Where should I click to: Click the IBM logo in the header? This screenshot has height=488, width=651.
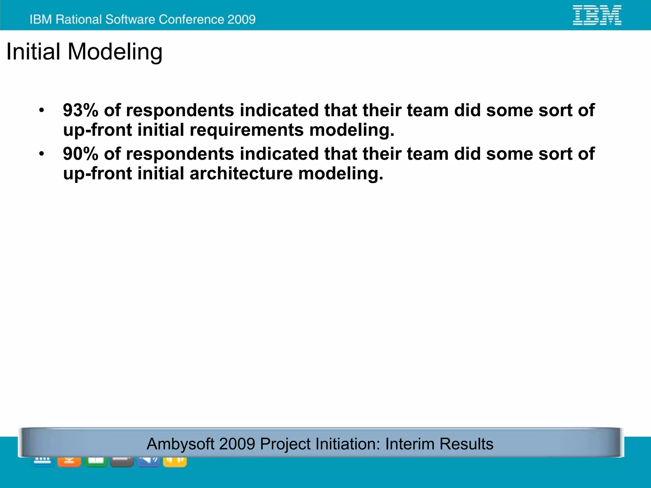pos(597,15)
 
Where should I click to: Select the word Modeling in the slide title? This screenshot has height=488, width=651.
pos(115,52)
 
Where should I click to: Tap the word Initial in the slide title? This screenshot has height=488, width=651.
pos(33,52)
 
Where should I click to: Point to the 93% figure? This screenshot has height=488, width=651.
pos(80,110)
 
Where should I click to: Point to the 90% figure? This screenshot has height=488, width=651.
pos(80,154)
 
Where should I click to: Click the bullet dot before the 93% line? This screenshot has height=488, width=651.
pos(42,111)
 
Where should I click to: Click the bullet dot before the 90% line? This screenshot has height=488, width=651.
pos(42,154)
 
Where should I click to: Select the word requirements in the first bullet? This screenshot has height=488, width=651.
pos(246,130)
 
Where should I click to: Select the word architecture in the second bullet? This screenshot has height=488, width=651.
pos(241,174)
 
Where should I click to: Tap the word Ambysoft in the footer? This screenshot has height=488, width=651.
pos(180,444)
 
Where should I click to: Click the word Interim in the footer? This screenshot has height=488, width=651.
pos(409,444)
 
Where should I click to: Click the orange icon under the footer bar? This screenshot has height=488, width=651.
pos(69,462)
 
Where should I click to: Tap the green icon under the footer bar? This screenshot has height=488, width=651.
pos(96,462)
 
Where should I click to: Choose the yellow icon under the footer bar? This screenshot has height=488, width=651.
pos(175,462)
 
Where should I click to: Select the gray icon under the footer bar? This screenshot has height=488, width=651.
pos(122,462)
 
